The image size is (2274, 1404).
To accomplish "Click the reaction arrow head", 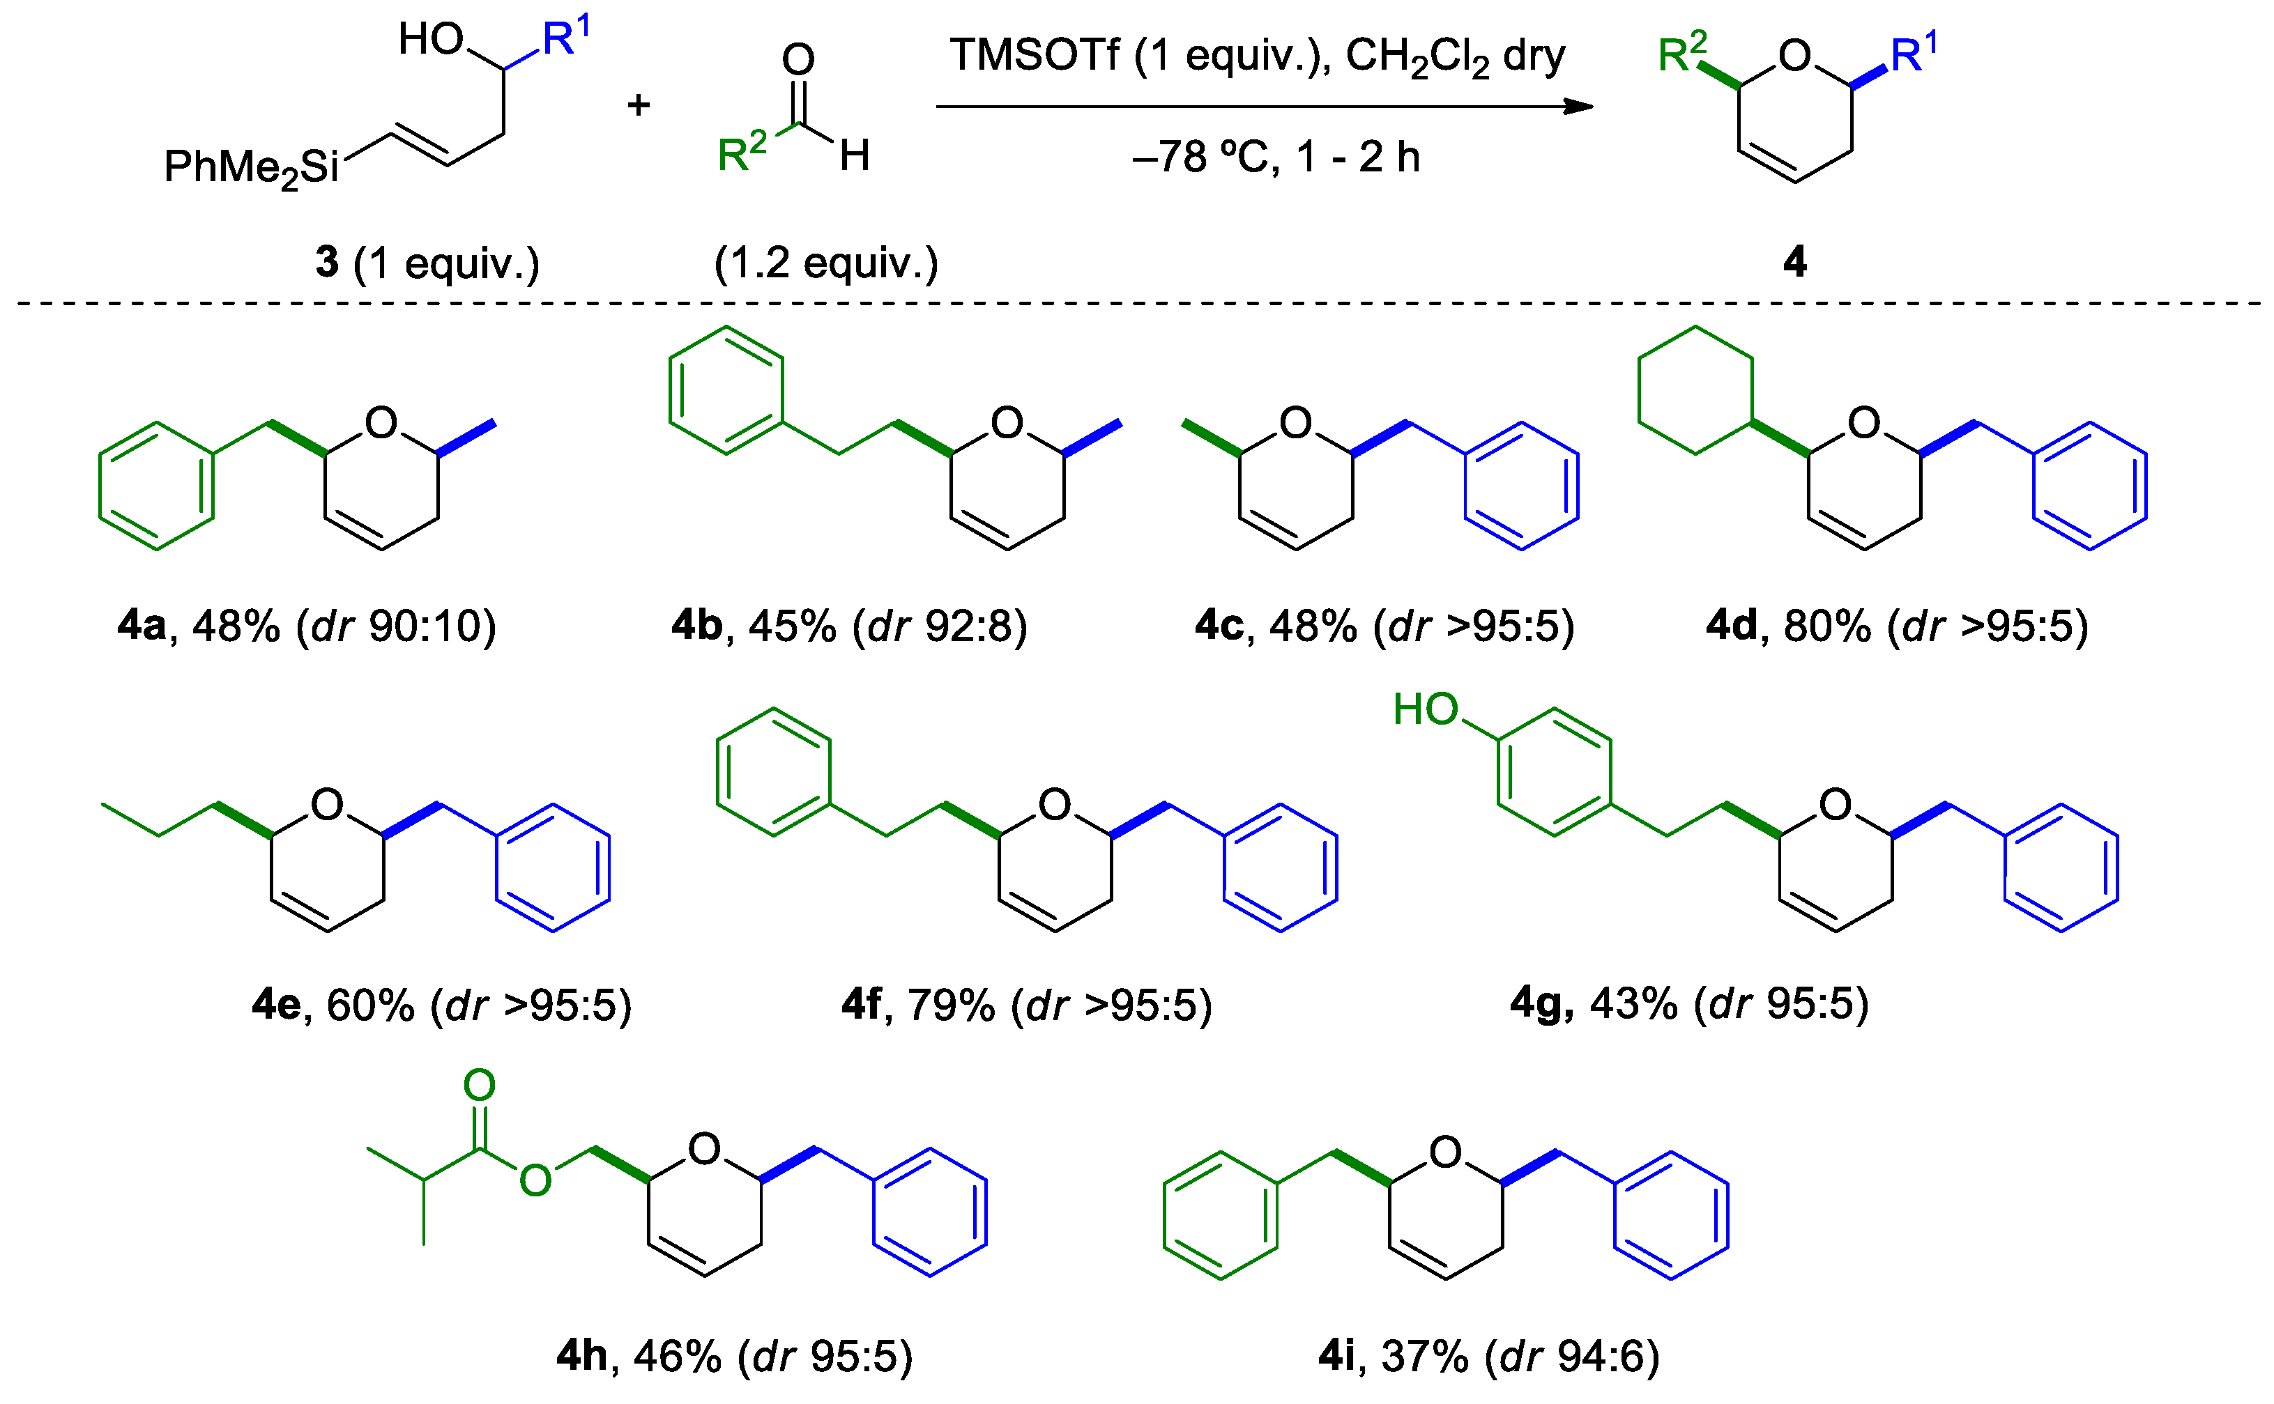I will coord(1579,107).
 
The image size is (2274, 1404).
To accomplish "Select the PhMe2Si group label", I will coord(251,168).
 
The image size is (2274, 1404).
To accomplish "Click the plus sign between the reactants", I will coord(638,105).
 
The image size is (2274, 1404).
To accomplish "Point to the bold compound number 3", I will coord(327,263).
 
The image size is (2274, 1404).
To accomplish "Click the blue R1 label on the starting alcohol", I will coord(565,39).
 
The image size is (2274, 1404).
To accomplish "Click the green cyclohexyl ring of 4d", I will coord(1695,390).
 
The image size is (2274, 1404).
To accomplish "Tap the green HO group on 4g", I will coord(1425,709).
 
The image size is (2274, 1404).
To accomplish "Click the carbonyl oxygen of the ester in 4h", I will coord(480,1085).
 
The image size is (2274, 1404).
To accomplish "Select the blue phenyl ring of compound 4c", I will coord(1520,486).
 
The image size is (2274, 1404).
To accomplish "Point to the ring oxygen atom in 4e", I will coord(327,804).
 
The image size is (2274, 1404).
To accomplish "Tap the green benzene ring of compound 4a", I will coord(156,486).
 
